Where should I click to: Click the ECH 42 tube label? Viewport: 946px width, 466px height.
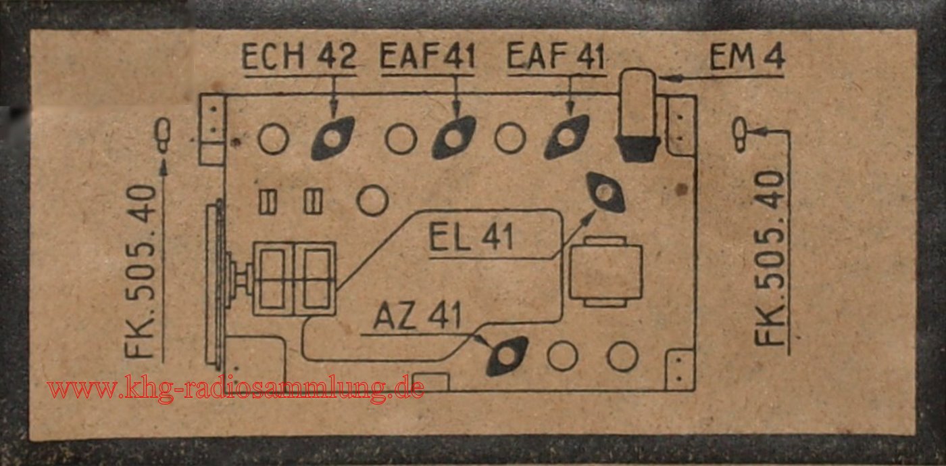click(x=299, y=57)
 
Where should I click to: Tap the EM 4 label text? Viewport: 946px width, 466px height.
click(x=747, y=57)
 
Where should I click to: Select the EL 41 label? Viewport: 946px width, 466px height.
click(x=472, y=237)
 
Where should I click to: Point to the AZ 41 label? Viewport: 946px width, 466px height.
click(x=418, y=315)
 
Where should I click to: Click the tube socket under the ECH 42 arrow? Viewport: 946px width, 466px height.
click(x=332, y=138)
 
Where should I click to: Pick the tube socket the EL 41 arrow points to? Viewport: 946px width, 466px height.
click(x=605, y=192)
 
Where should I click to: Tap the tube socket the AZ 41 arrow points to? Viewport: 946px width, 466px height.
click(x=507, y=356)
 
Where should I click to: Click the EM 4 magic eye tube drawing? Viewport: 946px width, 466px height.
click(x=638, y=115)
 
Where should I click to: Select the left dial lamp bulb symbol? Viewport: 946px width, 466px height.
click(x=163, y=135)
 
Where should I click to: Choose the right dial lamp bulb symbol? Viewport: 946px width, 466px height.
click(x=741, y=135)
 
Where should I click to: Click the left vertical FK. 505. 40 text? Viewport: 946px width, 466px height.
click(x=141, y=271)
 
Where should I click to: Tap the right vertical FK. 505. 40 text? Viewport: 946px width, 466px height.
click(x=770, y=258)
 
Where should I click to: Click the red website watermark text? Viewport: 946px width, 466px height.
click(x=235, y=388)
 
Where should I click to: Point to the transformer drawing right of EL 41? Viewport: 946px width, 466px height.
click(x=605, y=271)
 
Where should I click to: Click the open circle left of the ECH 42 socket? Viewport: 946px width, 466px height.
click(x=274, y=139)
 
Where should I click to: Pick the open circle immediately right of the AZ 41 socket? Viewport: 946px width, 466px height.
click(x=562, y=356)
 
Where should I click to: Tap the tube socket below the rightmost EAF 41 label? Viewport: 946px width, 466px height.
click(x=567, y=137)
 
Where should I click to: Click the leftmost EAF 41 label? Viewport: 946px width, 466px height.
click(x=428, y=57)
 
